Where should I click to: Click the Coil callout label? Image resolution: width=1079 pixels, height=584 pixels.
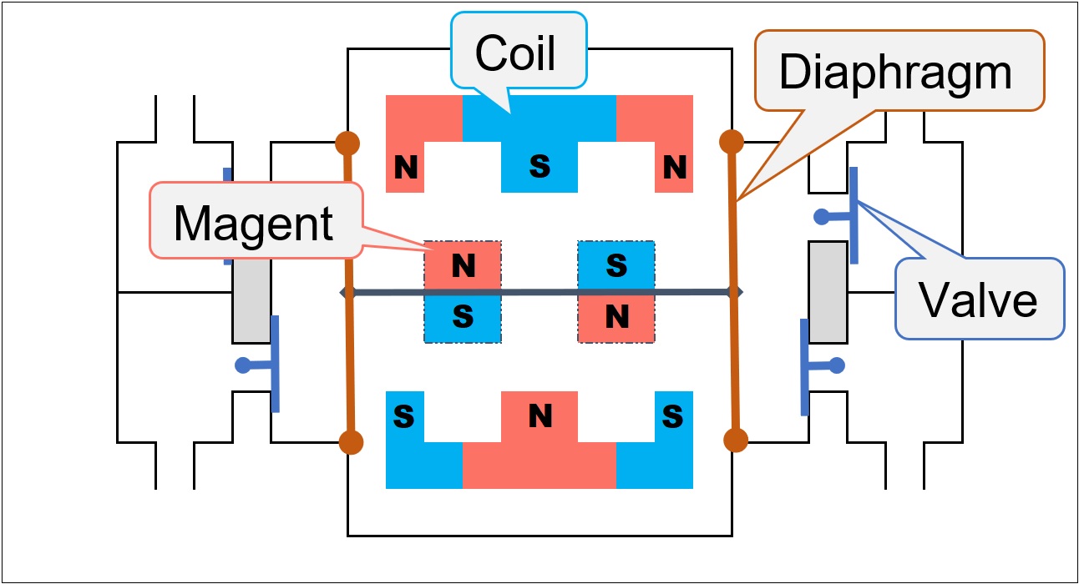coord(515,53)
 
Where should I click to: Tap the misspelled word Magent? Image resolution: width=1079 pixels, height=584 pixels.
coord(253,223)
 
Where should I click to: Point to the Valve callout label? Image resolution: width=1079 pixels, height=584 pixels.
coord(978,299)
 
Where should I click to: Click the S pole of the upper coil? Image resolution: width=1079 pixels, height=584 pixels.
coord(540,168)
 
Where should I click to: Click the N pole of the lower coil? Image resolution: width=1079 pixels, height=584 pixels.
coord(540,415)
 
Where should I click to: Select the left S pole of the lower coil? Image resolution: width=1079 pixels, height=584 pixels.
coord(404,415)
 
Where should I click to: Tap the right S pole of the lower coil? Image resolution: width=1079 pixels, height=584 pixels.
coord(673,415)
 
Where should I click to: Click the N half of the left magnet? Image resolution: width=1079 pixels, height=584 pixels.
coord(463,266)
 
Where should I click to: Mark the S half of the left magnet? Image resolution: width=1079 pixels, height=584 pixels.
coord(463,317)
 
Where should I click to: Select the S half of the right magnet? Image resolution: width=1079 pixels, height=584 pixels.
coord(616,266)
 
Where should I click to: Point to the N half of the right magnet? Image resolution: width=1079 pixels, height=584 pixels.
coord(616,317)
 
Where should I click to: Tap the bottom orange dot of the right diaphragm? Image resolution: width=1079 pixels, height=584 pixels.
coord(735,440)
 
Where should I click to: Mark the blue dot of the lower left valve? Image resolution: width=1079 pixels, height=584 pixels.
coord(243,365)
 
